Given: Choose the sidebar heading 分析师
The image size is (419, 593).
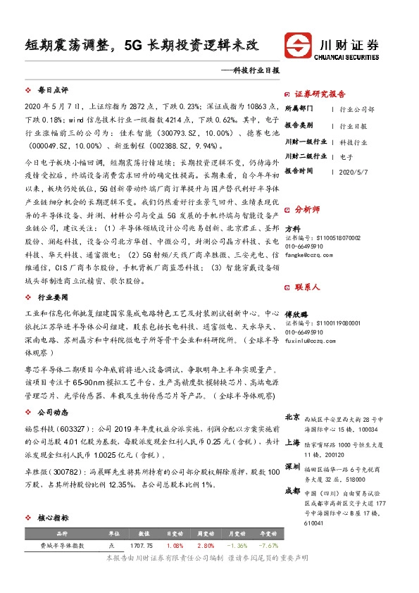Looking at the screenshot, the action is [307, 209].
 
